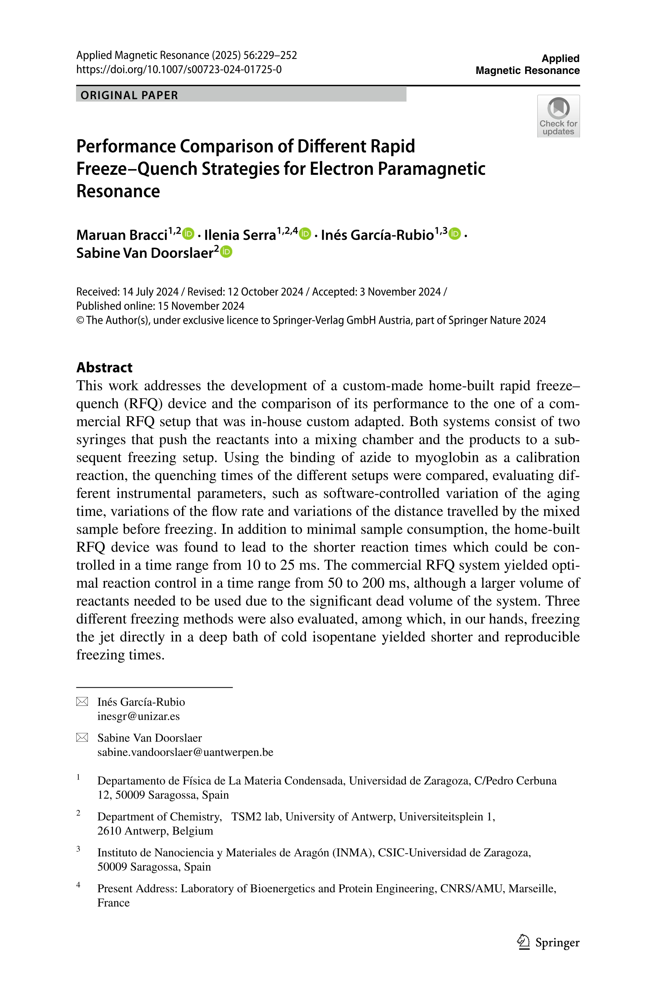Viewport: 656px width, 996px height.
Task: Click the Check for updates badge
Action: tap(558, 116)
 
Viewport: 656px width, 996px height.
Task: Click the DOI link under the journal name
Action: tap(179, 69)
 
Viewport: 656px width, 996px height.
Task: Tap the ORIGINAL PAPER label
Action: tap(129, 95)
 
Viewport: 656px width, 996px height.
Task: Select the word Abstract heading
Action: tap(104, 367)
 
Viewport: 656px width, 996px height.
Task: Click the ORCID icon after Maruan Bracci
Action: tap(189, 233)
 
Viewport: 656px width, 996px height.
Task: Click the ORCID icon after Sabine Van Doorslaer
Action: tap(226, 252)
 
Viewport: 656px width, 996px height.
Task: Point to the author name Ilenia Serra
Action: tap(240, 235)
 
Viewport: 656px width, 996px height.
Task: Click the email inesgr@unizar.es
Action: tap(138, 716)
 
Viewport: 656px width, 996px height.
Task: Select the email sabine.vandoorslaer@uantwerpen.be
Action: tap(185, 752)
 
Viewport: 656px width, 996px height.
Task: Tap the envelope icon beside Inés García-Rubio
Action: tap(82, 702)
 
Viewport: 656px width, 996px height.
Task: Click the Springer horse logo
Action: tap(523, 941)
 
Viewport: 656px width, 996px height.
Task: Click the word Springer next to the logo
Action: tap(557, 943)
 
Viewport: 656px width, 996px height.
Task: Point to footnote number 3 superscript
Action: tap(78, 849)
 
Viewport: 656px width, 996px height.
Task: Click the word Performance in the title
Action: tap(126, 146)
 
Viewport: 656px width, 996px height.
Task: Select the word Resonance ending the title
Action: tap(118, 191)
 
